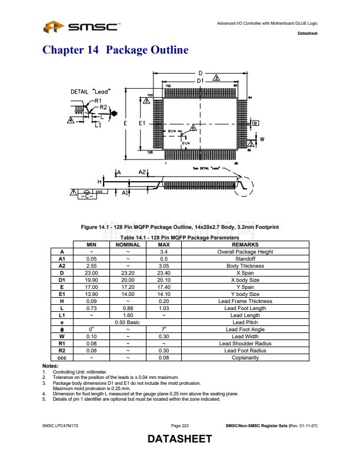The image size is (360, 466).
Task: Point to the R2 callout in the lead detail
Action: (x=104, y=107)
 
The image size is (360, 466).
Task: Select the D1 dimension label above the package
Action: (x=200, y=80)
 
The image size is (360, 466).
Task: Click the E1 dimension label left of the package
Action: (x=142, y=124)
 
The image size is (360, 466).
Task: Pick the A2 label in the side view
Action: (x=142, y=172)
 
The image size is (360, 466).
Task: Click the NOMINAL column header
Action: (x=128, y=245)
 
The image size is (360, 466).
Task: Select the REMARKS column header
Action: (x=245, y=245)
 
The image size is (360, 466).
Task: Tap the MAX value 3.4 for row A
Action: (x=164, y=252)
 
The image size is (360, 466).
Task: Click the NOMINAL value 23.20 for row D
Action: (x=128, y=273)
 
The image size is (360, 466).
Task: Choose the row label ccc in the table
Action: (x=62, y=358)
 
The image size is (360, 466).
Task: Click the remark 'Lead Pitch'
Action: (x=245, y=322)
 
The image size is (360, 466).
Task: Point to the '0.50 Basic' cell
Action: (x=128, y=322)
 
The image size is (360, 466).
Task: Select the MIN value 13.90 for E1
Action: (x=91, y=294)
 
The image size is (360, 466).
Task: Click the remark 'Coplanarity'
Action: (x=245, y=358)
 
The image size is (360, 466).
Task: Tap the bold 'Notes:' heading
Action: (x=51, y=367)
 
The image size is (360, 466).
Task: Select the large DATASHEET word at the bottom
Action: (x=179, y=439)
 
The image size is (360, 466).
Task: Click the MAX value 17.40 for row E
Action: (x=164, y=287)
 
